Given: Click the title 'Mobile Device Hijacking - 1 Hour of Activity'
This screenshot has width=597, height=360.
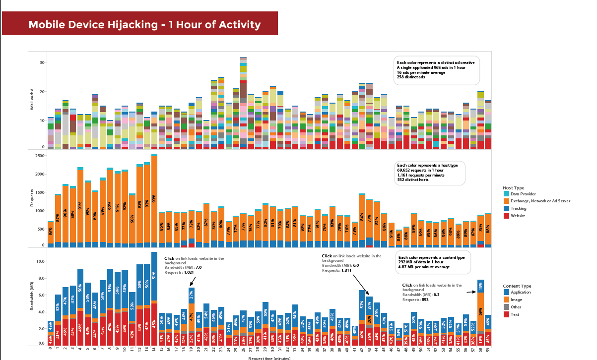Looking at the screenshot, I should pyautogui.click(x=144, y=25).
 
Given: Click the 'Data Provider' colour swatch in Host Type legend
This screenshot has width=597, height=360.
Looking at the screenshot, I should pyautogui.click(x=506, y=194).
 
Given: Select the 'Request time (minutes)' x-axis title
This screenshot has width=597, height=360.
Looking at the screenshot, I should pyautogui.click(x=269, y=358).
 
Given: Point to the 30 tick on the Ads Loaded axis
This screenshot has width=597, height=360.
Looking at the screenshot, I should pyautogui.click(x=42, y=62).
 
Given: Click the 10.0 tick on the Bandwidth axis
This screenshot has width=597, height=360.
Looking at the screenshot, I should pyautogui.click(x=41, y=261).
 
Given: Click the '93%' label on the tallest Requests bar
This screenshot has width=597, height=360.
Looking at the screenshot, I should pyautogui.click(x=154, y=199).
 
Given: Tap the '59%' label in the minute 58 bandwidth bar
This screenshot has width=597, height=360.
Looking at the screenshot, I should pyautogui.click(x=481, y=311).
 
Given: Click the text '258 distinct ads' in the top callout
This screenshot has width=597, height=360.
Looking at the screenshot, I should pyautogui.click(x=411, y=77).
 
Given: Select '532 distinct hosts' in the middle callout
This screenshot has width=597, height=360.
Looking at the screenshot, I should pyautogui.click(x=413, y=180).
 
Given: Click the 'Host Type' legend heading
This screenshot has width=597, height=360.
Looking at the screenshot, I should pyautogui.click(x=513, y=187).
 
